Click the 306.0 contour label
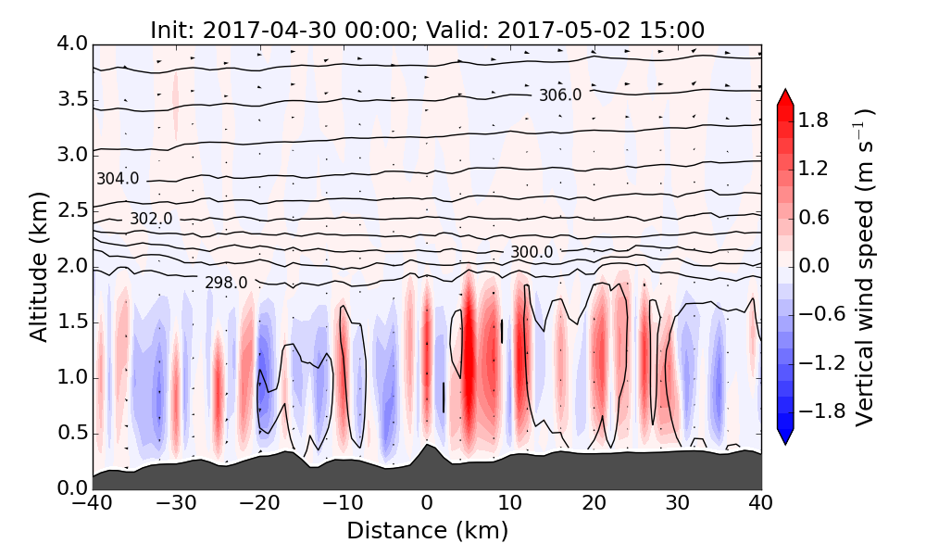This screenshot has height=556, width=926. pyautogui.click(x=560, y=95)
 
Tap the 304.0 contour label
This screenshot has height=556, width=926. pyautogui.click(x=118, y=179)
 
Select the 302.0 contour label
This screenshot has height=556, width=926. pyautogui.click(x=151, y=219)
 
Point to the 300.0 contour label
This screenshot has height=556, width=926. pyautogui.click(x=532, y=252)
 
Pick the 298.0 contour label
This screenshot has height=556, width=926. pyautogui.click(x=226, y=283)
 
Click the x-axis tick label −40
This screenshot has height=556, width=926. pyautogui.click(x=93, y=505)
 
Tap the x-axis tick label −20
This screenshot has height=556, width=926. pyautogui.click(x=259, y=505)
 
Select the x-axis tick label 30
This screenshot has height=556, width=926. pyautogui.click(x=678, y=505)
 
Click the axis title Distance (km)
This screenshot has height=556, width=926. pyautogui.click(x=427, y=531)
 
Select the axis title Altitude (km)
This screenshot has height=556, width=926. pyautogui.click(x=38, y=267)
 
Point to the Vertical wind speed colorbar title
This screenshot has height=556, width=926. pyautogui.click(x=864, y=267)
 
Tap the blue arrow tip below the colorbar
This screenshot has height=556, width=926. pyautogui.click(x=785, y=438)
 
